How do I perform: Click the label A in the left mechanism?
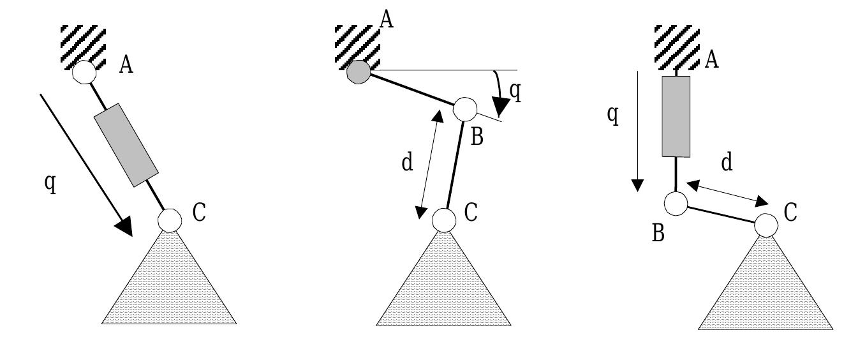(126, 66)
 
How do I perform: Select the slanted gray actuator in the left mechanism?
(126, 145)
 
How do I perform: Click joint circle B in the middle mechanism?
(464, 109)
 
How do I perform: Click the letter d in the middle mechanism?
(406, 163)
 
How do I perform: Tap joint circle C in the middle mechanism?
(444, 220)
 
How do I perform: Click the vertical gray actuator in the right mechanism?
(676, 117)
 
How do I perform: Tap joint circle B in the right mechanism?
(676, 204)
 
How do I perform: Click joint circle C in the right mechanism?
(766, 225)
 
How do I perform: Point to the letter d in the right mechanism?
(726, 163)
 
